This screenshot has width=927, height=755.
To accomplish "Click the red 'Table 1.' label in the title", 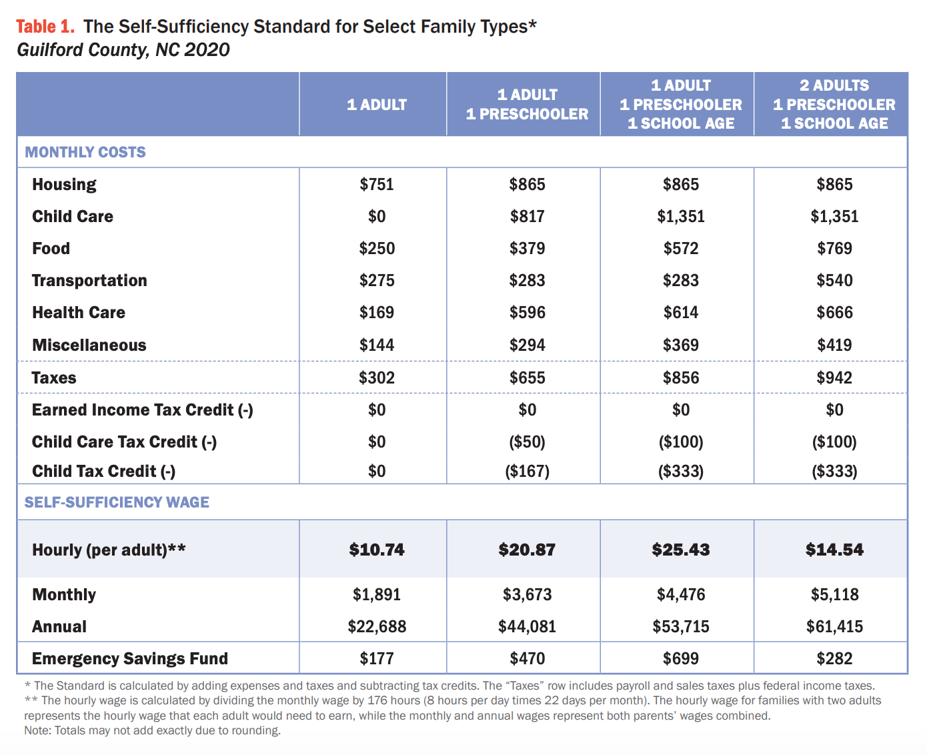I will tap(45, 27).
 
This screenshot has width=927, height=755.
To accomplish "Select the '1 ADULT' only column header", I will tap(377, 105).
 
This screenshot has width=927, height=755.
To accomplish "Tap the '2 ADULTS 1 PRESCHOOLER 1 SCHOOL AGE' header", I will tap(834, 105).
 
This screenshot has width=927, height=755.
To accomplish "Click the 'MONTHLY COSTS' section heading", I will tap(85, 152).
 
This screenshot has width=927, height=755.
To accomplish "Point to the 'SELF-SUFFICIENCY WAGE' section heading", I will tap(117, 502).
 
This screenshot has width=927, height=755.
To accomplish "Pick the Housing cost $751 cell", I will tap(377, 184).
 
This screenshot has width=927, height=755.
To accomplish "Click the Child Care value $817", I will tap(527, 216).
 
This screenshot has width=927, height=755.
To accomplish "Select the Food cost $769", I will tap(834, 248).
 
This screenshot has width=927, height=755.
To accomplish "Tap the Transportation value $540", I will tap(834, 280).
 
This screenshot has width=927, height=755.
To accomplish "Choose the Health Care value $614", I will tap(680, 312).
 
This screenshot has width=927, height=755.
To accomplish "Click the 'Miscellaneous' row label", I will tap(89, 345).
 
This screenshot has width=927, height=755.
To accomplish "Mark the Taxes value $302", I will tap(377, 377).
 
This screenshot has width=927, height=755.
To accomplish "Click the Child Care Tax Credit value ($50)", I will tap(527, 442).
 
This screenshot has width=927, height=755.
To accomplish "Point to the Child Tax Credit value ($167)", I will tap(527, 471).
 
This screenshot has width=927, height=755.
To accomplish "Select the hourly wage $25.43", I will tap(680, 550).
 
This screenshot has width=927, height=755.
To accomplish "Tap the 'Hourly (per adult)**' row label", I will tap(109, 550).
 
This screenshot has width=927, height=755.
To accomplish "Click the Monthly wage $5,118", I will tap(834, 594).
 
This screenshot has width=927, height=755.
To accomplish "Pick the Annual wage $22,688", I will tap(377, 626).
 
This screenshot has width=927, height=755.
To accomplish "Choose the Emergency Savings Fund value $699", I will tap(680, 658).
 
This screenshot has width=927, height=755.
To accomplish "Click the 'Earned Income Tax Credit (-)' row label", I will tap(143, 410).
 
